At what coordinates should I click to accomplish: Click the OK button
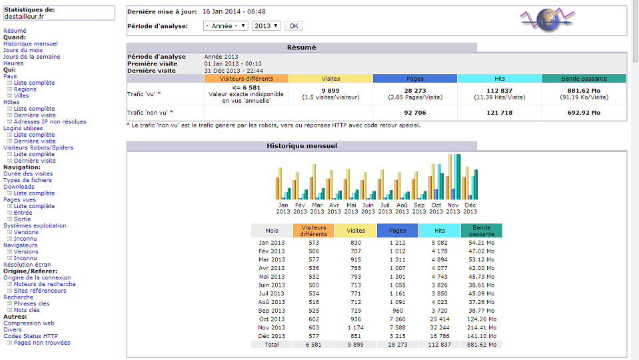[x=293, y=26]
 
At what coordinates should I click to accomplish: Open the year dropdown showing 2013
[x=266, y=26]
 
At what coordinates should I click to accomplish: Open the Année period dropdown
[x=226, y=26]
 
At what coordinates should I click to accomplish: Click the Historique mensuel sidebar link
[x=31, y=44]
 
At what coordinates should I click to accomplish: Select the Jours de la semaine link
[x=31, y=57]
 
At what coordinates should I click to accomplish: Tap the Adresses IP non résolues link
[x=50, y=122]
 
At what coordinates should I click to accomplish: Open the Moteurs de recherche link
[x=45, y=284]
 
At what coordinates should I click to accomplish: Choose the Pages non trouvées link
[x=42, y=343]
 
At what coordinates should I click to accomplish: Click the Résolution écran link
[x=27, y=265]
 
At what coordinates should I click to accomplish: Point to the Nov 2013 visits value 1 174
[x=354, y=328]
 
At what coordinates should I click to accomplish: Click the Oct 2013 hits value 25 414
[x=439, y=319]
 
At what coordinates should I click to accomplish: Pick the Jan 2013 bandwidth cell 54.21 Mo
[x=481, y=242]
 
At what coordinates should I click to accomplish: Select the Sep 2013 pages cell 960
[x=397, y=309]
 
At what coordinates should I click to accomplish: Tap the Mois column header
[x=272, y=231]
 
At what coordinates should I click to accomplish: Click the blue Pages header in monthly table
[x=397, y=231]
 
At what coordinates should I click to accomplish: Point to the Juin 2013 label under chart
[x=368, y=209]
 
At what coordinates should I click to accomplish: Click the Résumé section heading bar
[x=301, y=47]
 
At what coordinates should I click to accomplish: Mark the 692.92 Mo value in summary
[x=584, y=113]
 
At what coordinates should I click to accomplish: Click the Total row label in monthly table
[x=272, y=344]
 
